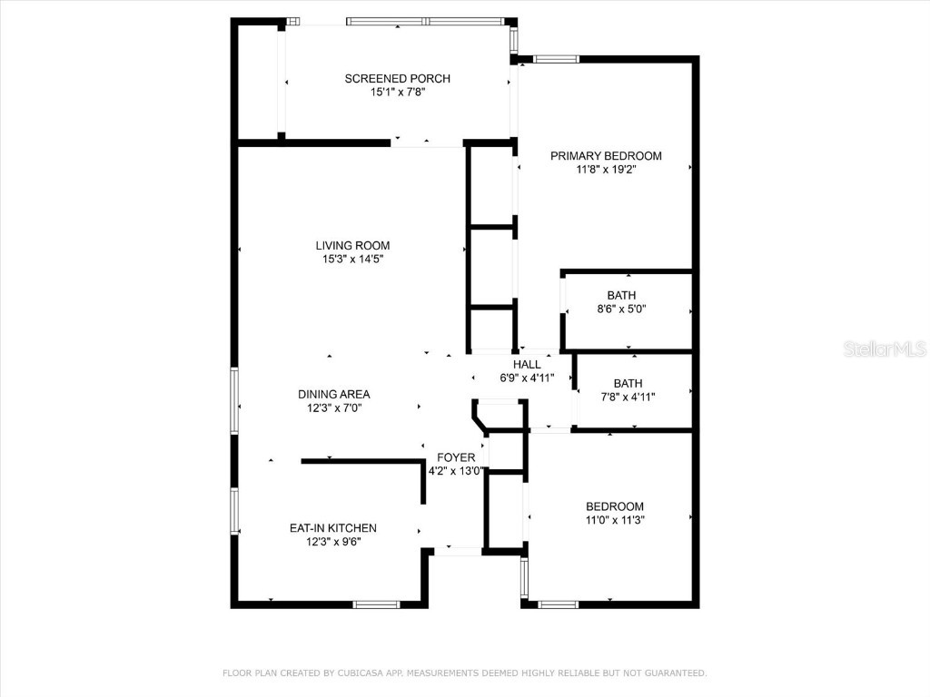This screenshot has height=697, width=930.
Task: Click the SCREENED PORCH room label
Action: (x=397, y=79)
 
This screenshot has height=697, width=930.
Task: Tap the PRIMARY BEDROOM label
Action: (x=606, y=156)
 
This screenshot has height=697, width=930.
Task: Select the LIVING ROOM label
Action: (x=352, y=245)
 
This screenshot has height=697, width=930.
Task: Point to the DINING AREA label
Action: (x=333, y=394)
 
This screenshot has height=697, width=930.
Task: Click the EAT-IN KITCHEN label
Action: (x=332, y=528)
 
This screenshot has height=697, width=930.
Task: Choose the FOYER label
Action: (x=456, y=457)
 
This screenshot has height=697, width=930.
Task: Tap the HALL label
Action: (x=527, y=365)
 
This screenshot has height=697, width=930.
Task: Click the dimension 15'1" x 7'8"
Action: (x=397, y=93)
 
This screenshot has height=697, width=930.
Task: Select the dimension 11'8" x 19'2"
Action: (x=606, y=170)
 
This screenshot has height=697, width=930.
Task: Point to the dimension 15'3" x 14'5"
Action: (x=352, y=260)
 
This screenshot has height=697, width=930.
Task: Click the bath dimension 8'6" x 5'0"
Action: (x=621, y=309)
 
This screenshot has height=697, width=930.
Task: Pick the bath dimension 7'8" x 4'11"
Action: (x=627, y=397)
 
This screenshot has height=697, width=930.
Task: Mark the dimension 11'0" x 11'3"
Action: (x=614, y=520)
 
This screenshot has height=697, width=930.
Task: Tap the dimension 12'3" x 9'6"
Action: (x=332, y=542)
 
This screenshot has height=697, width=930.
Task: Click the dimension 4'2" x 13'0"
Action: (x=457, y=471)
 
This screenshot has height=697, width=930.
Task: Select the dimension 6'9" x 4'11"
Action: (x=527, y=378)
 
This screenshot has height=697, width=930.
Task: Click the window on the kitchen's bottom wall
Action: (x=376, y=604)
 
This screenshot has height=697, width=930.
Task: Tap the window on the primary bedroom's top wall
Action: (x=556, y=60)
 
